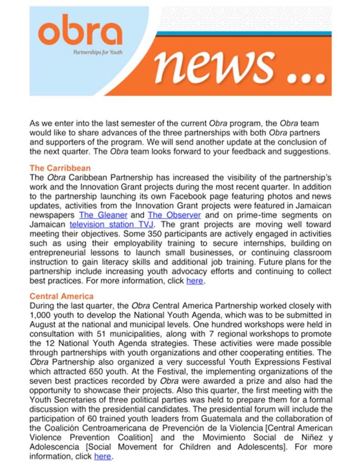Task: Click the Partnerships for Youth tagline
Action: tap(98, 52)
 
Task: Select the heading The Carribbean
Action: tap(60, 168)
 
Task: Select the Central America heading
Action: tap(61, 296)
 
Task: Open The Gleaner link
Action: tap(103, 215)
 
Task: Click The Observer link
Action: tap(174, 215)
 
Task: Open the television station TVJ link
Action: tap(112, 224)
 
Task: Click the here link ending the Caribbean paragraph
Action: tap(194, 281)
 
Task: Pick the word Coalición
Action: tap(60, 428)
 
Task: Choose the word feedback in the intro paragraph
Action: tap(253, 152)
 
